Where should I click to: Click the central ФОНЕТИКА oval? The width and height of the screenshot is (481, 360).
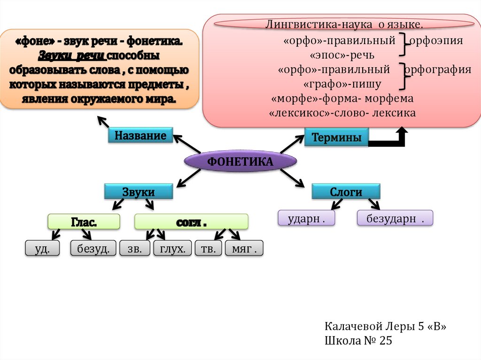(x=240, y=162)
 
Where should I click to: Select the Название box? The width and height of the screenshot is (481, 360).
(x=140, y=136)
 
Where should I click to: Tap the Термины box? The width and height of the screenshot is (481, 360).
(x=336, y=138)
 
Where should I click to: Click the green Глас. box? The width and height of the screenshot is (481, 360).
(x=84, y=222)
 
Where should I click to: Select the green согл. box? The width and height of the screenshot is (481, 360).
(x=191, y=222)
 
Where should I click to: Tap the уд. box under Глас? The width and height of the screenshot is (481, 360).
(x=42, y=249)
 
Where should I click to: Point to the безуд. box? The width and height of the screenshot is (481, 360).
(x=93, y=249)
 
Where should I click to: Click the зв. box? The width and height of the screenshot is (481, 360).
(x=134, y=249)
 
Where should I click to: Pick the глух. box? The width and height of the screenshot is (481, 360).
(x=172, y=249)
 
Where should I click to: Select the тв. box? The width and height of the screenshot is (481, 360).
(x=208, y=249)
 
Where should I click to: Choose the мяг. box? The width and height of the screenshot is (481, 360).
(x=244, y=249)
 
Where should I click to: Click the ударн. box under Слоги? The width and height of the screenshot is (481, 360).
(x=306, y=219)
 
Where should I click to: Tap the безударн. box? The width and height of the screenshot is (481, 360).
(x=395, y=219)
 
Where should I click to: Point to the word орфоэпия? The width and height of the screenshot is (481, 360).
(x=436, y=40)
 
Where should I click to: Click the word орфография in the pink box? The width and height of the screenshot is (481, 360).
(x=438, y=70)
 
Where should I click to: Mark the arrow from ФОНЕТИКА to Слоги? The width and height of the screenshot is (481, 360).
(x=293, y=178)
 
